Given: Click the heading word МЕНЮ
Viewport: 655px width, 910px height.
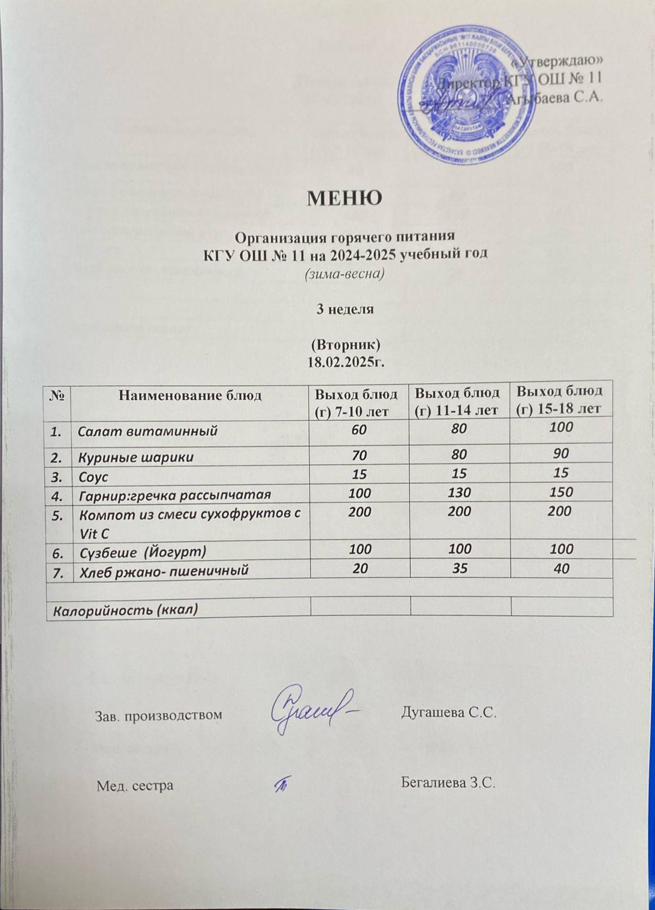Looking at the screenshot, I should (x=344, y=197).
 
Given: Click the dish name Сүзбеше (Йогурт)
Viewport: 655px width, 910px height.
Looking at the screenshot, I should (x=142, y=551).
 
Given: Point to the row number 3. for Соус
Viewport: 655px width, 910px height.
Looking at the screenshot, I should (x=57, y=474).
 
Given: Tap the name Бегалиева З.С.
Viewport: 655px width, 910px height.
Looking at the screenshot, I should (x=449, y=785).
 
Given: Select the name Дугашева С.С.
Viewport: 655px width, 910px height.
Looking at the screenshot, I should (x=449, y=712).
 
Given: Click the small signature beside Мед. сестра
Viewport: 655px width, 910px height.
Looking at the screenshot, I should (x=280, y=785).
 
